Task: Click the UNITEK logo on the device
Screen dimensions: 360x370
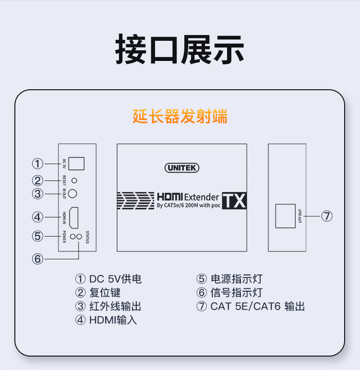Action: tap(181, 168)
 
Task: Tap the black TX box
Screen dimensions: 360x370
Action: tap(234, 201)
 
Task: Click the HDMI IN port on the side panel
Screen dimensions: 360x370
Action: tap(74, 217)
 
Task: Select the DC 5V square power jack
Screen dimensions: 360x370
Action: tap(77, 163)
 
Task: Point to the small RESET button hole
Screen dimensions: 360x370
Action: tap(74, 181)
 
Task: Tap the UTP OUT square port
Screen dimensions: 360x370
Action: tap(285, 216)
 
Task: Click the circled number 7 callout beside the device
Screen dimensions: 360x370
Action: tap(327, 216)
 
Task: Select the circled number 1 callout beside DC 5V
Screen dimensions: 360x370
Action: tap(37, 164)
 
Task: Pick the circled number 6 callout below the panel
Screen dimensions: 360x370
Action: tap(37, 259)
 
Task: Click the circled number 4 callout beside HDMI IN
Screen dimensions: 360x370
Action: tap(37, 217)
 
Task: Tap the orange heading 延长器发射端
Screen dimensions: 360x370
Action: tap(180, 117)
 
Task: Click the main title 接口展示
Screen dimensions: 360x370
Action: tap(180, 49)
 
